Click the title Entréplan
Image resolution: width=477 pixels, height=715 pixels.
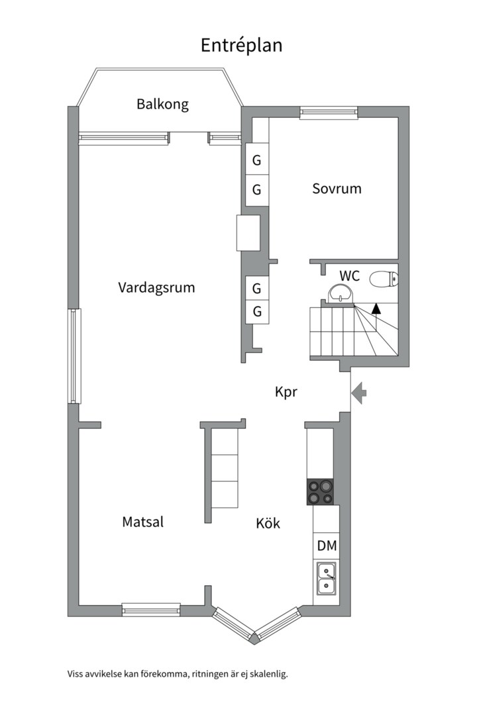click(242, 45)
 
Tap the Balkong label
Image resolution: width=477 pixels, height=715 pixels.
click(162, 104)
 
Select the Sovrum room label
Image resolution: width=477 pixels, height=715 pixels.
click(337, 189)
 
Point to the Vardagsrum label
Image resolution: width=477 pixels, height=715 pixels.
click(156, 287)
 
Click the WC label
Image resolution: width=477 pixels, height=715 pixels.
click(349, 276)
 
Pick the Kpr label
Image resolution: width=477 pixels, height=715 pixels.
click(286, 392)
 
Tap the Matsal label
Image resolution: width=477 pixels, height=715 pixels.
click(142, 522)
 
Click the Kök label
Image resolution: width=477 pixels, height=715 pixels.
click(268, 524)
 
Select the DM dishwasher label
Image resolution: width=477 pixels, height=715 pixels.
click(327, 546)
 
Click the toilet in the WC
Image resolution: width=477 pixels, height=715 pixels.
click(383, 279)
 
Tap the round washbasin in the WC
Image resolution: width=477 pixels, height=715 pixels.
click(341, 293)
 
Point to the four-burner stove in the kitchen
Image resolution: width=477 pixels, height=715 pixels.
click(320, 491)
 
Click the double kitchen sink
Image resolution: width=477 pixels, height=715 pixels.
click(326, 578)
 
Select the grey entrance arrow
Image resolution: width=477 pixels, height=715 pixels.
click(358, 393)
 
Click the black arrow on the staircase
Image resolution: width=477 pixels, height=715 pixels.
click(376, 308)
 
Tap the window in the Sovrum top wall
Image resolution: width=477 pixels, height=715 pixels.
click(319, 113)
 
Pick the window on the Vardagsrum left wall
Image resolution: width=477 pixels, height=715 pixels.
click(74, 356)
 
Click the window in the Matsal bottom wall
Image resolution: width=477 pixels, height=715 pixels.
click(151, 609)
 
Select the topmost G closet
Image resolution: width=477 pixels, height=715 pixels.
click(256, 160)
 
